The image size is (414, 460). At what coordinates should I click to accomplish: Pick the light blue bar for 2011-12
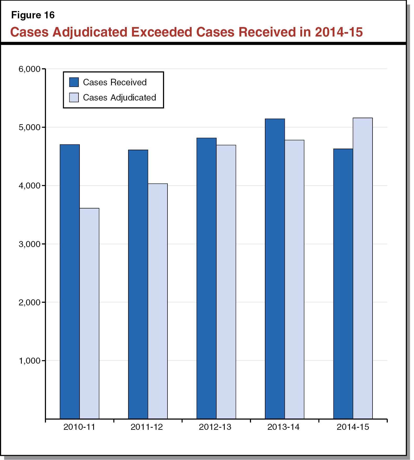(158, 301)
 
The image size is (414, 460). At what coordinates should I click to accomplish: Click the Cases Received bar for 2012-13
(206, 278)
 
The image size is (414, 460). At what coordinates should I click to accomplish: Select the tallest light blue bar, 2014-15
(363, 268)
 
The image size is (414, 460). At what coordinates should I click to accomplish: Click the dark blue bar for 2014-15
(343, 284)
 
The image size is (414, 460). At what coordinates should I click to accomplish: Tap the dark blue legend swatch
(74, 82)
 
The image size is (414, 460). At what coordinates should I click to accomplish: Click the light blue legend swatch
(74, 97)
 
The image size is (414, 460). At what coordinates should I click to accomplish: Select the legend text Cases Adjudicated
(119, 98)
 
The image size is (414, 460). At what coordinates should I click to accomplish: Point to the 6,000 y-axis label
(29, 69)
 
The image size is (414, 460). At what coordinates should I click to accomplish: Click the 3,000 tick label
(29, 244)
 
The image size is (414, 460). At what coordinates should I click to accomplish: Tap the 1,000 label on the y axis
(29, 361)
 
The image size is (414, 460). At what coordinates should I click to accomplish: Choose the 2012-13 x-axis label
(215, 427)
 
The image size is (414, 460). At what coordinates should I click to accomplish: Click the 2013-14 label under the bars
(283, 427)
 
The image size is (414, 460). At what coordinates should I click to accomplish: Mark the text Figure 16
(33, 15)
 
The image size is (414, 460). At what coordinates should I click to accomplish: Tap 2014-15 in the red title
(339, 32)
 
